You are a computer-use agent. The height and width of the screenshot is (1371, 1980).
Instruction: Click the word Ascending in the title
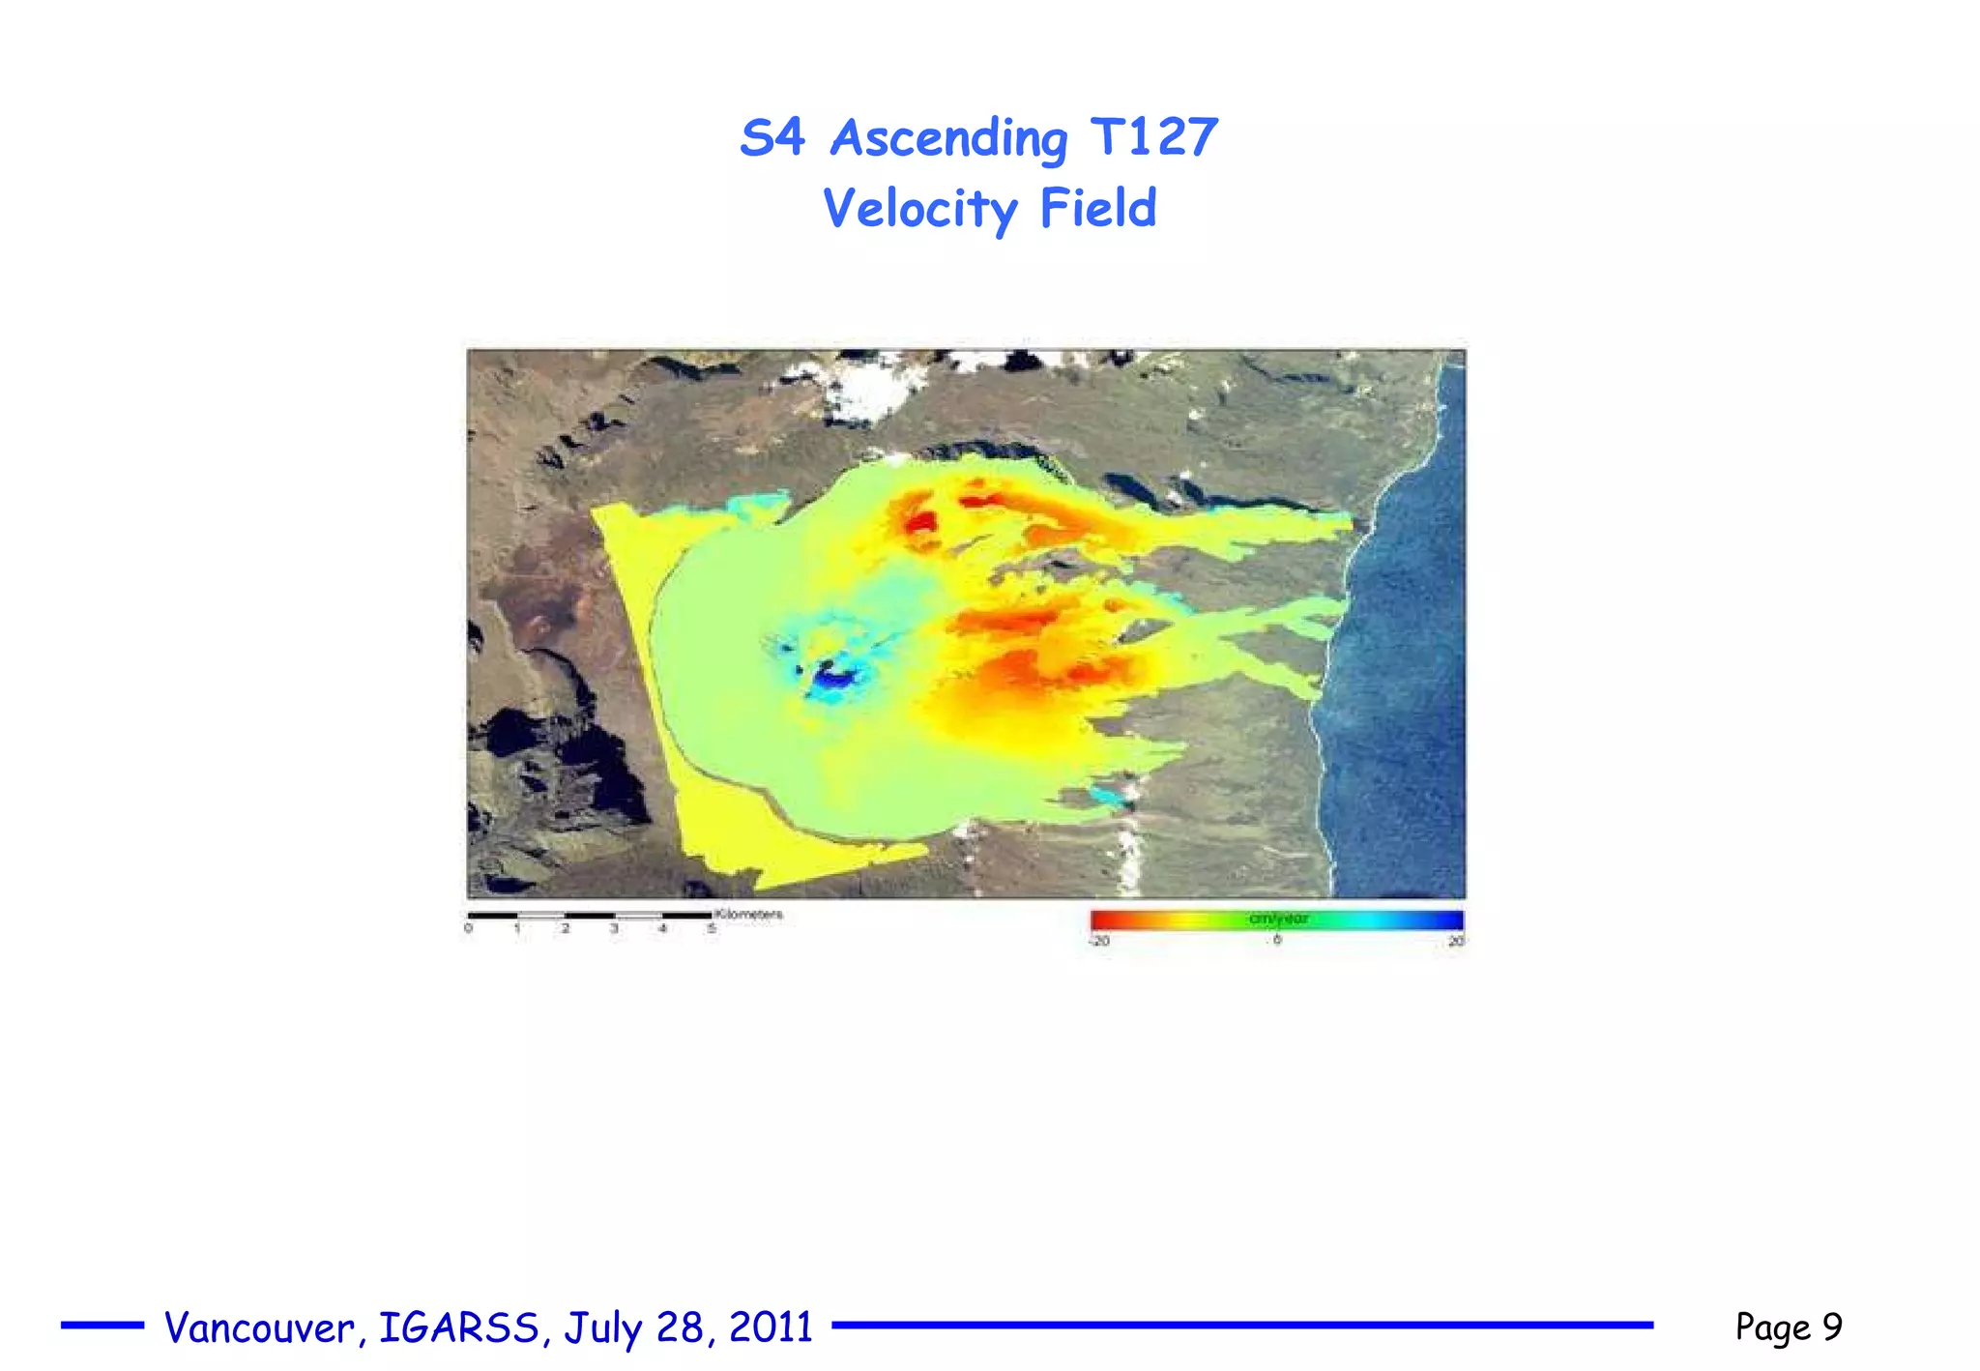point(948,138)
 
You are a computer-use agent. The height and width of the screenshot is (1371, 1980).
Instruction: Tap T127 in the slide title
point(1153,136)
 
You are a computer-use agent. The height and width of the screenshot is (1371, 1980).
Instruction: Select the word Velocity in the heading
point(919,209)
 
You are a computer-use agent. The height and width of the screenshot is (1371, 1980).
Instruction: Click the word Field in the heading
point(1097,208)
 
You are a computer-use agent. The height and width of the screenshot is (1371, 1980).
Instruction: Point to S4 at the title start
point(772,137)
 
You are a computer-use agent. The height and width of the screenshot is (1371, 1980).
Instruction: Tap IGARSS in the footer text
point(458,1327)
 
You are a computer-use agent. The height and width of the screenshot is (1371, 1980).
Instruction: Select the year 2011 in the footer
point(771,1327)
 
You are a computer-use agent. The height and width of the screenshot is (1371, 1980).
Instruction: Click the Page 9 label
point(1788,1327)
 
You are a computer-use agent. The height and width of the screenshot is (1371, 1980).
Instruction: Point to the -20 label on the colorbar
point(1100,941)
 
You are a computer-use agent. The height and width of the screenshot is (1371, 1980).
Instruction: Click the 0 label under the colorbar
point(1277,940)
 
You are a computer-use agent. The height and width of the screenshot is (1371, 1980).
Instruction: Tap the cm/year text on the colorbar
point(1278,919)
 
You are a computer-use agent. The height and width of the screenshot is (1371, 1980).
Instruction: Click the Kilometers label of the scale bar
point(749,914)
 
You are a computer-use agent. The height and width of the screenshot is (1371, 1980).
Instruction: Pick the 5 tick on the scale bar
point(712,929)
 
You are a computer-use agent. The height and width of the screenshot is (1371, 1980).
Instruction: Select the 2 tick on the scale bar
point(566,929)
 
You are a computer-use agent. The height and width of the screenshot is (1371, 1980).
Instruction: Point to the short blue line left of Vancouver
point(102,1326)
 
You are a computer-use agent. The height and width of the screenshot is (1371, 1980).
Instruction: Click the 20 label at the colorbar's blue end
point(1455,941)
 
